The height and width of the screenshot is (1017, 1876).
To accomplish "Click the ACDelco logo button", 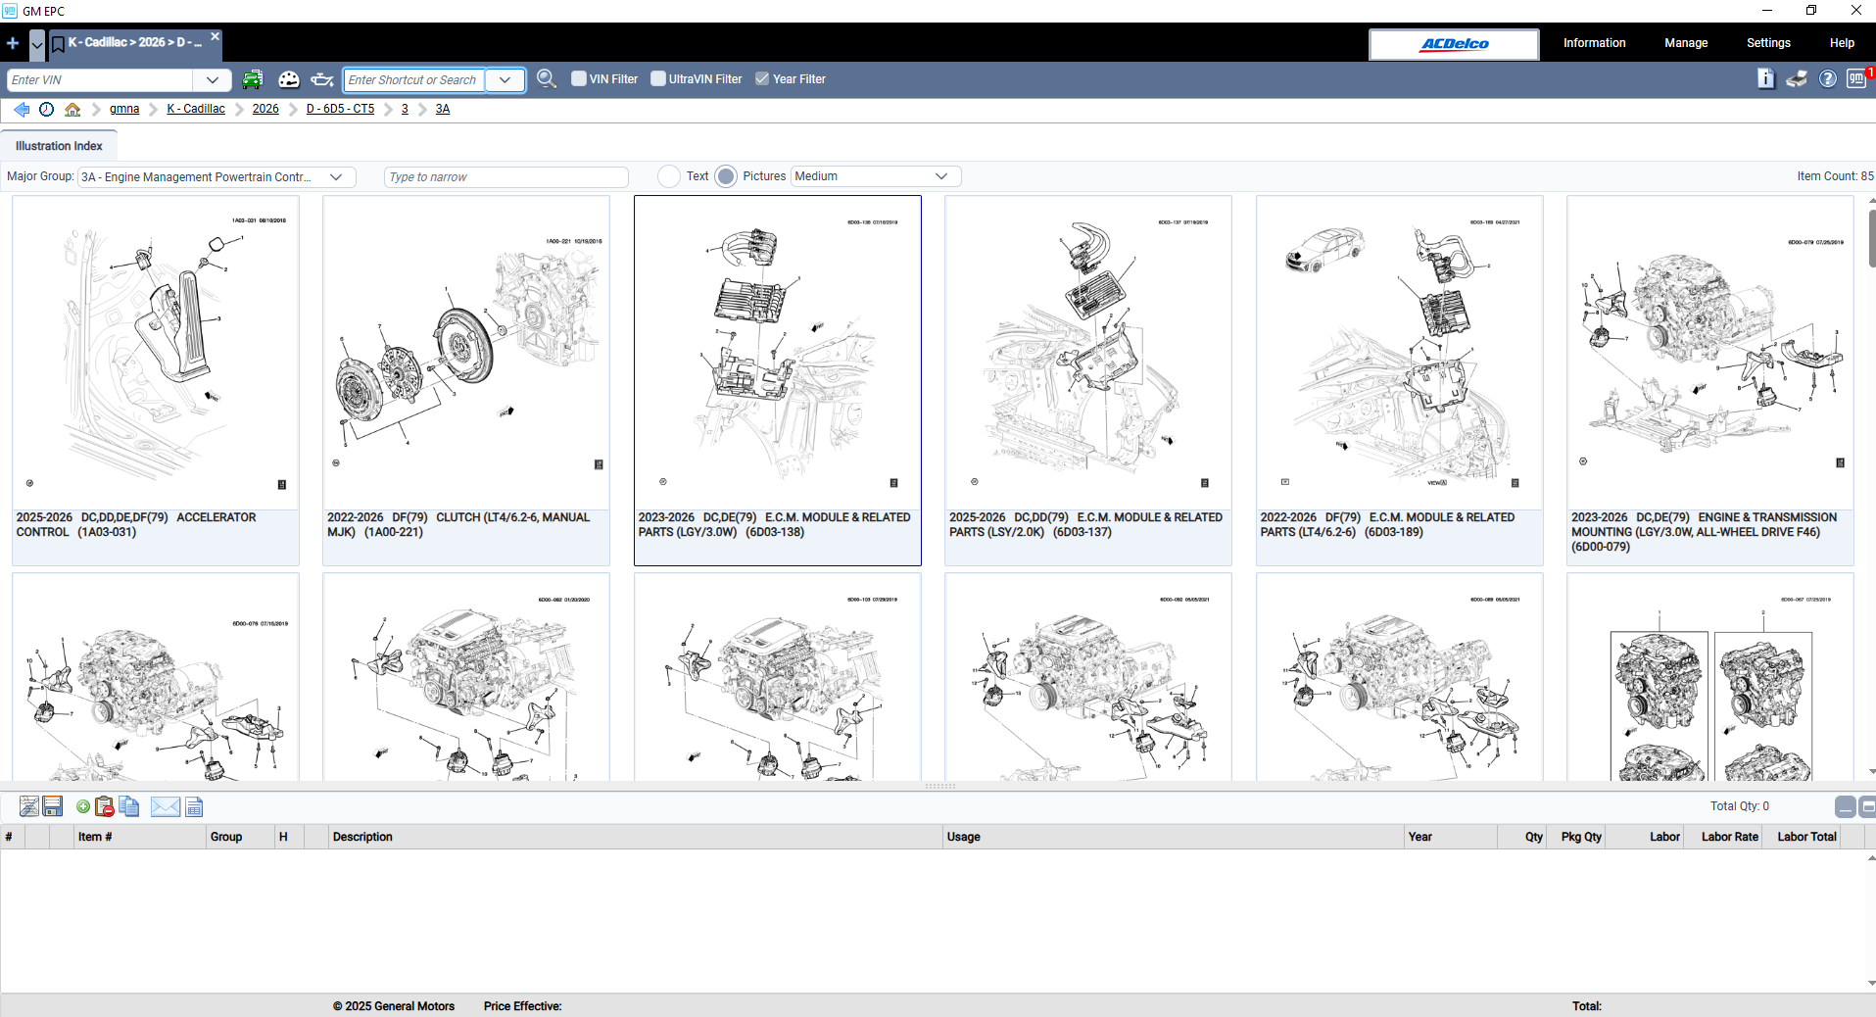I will (1454, 44).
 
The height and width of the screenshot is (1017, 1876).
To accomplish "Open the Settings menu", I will (1767, 43).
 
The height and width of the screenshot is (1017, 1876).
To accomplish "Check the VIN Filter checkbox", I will (579, 78).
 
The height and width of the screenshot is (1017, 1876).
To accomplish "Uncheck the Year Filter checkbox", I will (762, 78).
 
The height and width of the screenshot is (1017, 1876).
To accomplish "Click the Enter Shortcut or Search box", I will (413, 80).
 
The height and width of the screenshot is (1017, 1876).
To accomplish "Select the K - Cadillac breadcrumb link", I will (196, 109).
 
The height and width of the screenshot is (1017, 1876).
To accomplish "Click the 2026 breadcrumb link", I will (265, 109).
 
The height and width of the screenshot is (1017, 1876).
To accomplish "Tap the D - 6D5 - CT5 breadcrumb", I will (340, 109).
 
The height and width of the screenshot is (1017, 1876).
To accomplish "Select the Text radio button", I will (669, 176).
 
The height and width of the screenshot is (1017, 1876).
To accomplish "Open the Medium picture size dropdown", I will (874, 176).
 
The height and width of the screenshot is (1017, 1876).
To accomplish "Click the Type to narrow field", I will (505, 177).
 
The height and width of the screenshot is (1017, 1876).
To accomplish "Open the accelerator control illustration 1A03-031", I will (155, 353).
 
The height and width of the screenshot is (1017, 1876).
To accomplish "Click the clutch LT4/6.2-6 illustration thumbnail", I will (465, 353).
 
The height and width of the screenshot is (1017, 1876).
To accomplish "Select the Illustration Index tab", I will (59, 146).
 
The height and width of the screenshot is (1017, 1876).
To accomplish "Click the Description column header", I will (362, 837).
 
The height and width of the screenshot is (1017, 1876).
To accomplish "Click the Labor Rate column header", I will (1729, 837).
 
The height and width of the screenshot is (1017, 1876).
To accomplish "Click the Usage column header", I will (963, 837).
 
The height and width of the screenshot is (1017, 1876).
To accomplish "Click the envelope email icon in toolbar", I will (165, 807).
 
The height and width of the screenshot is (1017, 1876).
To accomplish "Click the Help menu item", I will (1841, 43).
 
